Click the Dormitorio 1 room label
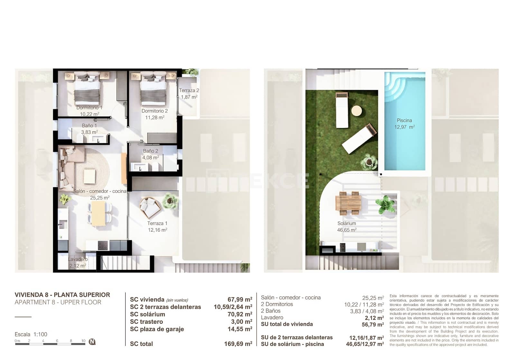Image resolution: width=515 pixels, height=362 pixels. pyautogui.click(x=89, y=108)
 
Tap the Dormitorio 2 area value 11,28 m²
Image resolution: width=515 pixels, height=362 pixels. pyautogui.click(x=155, y=117)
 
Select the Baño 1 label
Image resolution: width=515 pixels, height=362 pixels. pyautogui.click(x=89, y=125)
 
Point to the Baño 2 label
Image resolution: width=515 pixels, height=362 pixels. pyautogui.click(x=151, y=151)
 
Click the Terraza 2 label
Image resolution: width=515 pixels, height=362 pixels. pyautogui.click(x=189, y=90)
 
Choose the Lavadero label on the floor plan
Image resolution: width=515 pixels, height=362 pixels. pyautogui.click(x=78, y=259)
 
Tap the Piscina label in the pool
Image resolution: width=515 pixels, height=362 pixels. pyautogui.click(x=404, y=120)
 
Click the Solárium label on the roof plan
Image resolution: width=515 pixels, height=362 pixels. pyautogui.click(x=347, y=223)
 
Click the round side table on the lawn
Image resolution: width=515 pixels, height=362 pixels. pyautogui.click(x=356, y=111)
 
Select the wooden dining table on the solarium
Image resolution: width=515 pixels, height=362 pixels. pyautogui.click(x=348, y=203)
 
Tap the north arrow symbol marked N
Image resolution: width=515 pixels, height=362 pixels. pyautogui.click(x=92, y=342)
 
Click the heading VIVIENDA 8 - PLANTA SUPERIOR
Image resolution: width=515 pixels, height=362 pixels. pyautogui.click(x=62, y=295)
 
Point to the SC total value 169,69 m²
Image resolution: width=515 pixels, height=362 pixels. pyautogui.click(x=238, y=344)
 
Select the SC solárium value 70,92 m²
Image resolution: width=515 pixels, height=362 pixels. pyautogui.click(x=239, y=314)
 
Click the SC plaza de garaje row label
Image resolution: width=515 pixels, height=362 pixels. pyautogui.click(x=157, y=329)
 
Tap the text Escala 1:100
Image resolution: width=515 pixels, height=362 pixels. pyautogui.click(x=31, y=334)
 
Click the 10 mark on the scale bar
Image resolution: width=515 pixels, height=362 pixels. pyautogui.click(x=83, y=341)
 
